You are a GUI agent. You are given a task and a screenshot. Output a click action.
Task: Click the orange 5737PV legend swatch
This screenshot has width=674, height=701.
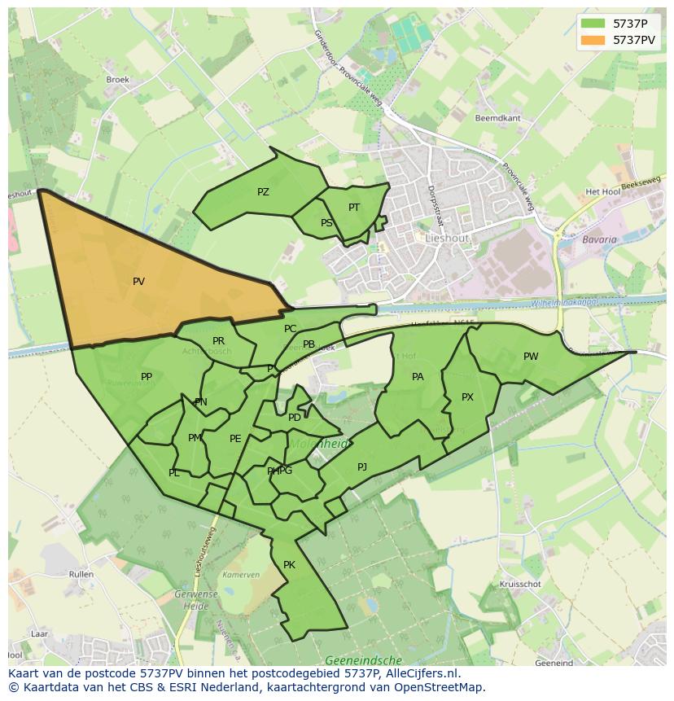pyautogui.click(x=593, y=40)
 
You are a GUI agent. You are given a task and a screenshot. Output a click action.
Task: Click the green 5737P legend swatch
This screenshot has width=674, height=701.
pyautogui.click(x=593, y=24)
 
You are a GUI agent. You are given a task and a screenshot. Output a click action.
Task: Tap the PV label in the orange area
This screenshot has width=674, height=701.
pyautogui.click(x=138, y=282)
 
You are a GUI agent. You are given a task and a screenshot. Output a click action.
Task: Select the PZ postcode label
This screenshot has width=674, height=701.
pyautogui.click(x=263, y=192)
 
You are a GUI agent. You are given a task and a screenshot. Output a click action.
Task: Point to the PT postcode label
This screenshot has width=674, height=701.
pyautogui.click(x=354, y=208)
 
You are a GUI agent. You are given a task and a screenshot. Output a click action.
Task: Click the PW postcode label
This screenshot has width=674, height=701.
pyautogui.click(x=531, y=357)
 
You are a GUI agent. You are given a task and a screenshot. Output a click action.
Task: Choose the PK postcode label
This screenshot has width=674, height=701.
pyautogui.click(x=289, y=565)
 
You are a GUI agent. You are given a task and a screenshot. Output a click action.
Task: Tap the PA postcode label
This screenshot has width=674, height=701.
pyautogui.click(x=418, y=377)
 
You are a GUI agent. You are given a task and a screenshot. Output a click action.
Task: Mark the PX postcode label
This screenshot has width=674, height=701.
pyautogui.click(x=467, y=397)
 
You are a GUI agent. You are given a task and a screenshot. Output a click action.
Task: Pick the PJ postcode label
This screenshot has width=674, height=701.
pyautogui.click(x=362, y=467)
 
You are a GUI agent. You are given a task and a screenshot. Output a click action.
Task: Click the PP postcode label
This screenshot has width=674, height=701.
pyautogui.click(x=147, y=377)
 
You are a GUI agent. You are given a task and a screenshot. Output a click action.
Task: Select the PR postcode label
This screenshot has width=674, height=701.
pyautogui.click(x=218, y=341)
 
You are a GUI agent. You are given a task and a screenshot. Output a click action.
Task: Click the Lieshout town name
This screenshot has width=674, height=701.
pyautogui.click(x=447, y=239)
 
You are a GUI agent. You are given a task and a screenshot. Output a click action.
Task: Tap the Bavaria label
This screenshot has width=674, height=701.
pyautogui.click(x=599, y=240)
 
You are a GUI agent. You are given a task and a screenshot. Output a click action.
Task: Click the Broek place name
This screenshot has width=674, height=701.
pyautogui.click(x=118, y=80)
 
